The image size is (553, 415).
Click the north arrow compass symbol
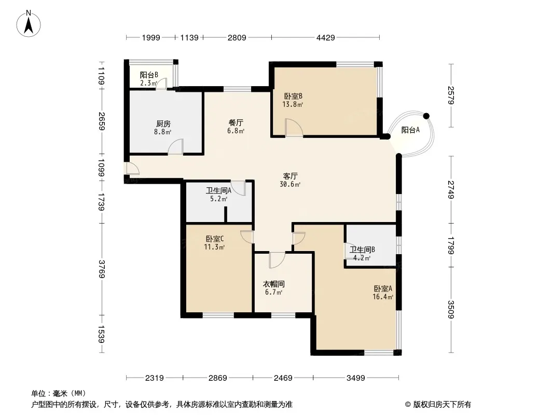tap(29, 23)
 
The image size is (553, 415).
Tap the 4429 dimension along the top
tap(325, 37)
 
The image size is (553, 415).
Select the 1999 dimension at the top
tap(151, 37)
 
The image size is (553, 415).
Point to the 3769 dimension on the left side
tap(102, 269)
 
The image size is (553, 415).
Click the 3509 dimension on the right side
tap(451, 309)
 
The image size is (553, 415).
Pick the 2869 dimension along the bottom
tap(217, 378)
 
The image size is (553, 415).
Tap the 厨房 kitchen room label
tap(163, 124)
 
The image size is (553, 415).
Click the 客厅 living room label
tap(291, 176)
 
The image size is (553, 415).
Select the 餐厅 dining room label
tap(236, 123)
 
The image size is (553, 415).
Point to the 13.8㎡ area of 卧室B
tap(293, 104)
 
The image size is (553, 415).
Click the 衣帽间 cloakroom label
tap(274, 284)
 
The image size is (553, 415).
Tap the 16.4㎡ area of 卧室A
tap(383, 297)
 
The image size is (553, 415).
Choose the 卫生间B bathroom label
tap(362, 250)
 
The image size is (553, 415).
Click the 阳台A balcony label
tap(410, 130)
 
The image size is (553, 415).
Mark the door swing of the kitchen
tap(176, 147)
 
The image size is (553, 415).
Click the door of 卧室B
tap(294, 128)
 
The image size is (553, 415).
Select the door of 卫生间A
tap(238, 188)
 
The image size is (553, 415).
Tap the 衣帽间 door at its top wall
tap(277, 260)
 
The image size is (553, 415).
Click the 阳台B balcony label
tap(149, 75)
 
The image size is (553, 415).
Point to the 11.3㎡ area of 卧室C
tap(214, 247)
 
